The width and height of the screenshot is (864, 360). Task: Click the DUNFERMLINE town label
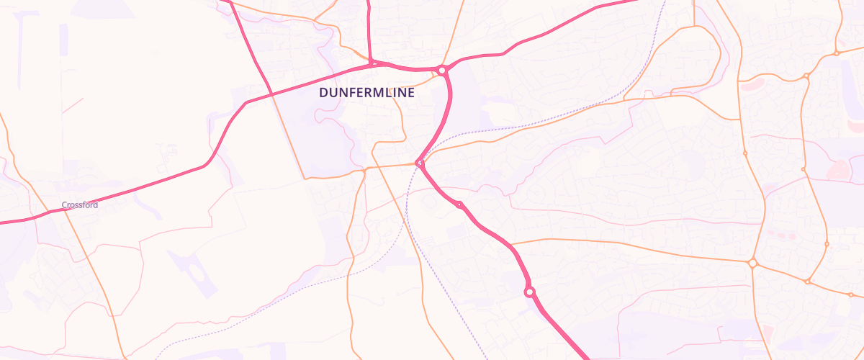coord(367,93)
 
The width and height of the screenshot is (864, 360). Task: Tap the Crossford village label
coord(79,205)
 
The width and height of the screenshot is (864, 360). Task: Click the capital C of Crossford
coord(64,205)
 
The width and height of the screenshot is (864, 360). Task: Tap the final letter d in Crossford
coord(95,205)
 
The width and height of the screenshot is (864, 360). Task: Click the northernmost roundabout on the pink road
coord(442,71)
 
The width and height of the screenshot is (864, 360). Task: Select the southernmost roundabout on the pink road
coord(530,292)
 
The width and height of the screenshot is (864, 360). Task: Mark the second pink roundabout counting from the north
coord(420,163)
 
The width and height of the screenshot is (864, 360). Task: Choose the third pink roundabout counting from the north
coord(459,205)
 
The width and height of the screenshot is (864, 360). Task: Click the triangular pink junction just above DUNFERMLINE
coord(373,64)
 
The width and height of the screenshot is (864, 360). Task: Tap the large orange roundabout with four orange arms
coord(753,264)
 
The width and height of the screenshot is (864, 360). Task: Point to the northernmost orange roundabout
coord(837,53)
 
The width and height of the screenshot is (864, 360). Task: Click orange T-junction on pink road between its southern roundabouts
coord(513,244)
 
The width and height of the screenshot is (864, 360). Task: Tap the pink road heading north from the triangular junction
coord(369,29)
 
